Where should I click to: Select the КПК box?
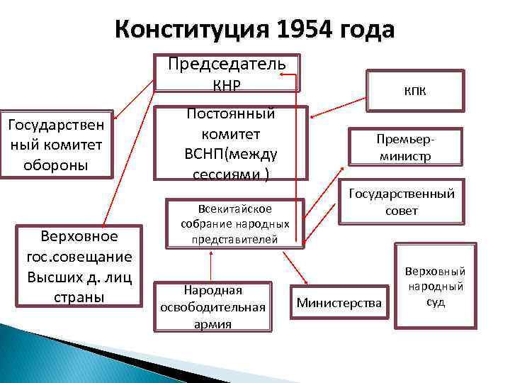click(415, 91)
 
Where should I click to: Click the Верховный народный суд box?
click(435, 287)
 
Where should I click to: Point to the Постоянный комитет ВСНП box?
click(231, 144)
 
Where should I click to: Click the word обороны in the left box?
click(55, 165)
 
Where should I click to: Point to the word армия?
click(212, 323)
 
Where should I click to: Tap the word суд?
click(435, 301)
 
